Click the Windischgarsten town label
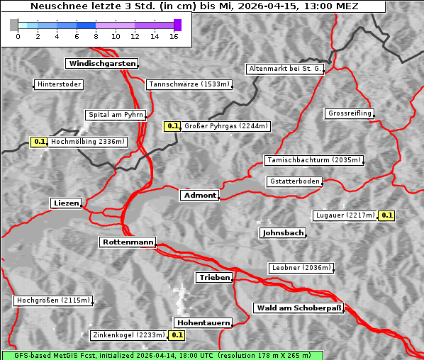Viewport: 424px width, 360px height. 101,64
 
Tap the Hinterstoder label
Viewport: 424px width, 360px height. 59,85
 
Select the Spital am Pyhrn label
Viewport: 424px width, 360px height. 115,115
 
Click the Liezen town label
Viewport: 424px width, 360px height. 66,203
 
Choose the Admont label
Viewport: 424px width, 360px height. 199,196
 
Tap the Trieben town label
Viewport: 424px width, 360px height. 214,278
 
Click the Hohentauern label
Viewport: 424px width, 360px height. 203,323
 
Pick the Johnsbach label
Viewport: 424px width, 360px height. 283,233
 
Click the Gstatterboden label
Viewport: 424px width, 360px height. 294,182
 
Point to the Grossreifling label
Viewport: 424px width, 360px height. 350,114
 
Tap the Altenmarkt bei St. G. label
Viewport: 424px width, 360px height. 286,69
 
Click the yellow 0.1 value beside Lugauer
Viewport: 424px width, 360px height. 386,215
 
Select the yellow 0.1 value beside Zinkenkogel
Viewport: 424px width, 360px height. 177,335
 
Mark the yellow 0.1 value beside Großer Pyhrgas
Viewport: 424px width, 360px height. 172,127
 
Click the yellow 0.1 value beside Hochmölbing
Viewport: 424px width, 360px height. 39,142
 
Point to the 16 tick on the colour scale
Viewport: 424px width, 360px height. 174,35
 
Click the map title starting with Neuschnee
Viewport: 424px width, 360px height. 194,6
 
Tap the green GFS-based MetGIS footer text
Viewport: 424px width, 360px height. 162,355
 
